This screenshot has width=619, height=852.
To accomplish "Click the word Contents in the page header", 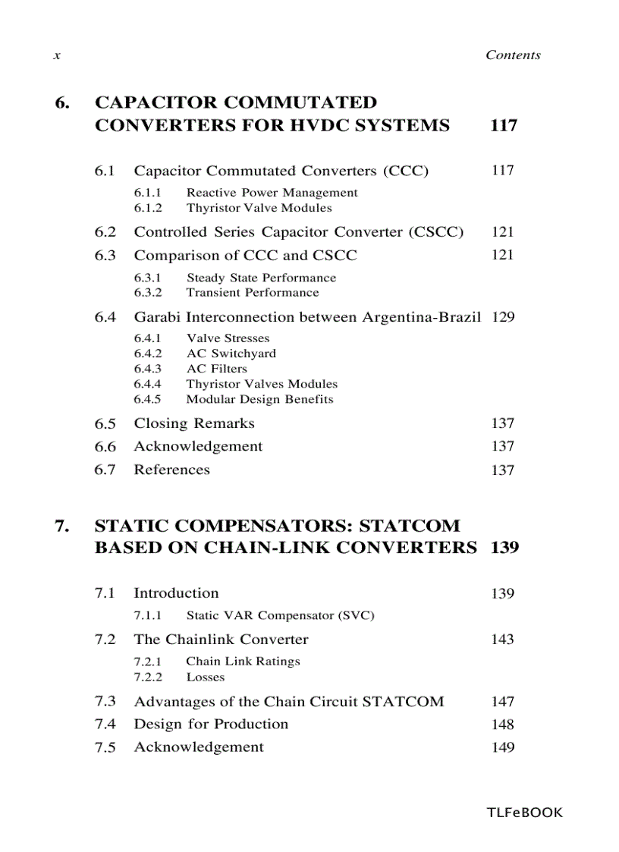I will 513,55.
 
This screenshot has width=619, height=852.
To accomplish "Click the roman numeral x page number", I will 57,56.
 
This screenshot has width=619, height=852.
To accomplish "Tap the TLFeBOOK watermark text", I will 524,813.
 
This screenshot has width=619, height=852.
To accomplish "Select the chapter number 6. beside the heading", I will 64,102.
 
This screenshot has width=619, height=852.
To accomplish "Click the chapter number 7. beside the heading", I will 64,526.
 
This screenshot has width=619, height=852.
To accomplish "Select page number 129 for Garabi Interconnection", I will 502,317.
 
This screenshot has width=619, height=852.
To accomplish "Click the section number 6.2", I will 105,232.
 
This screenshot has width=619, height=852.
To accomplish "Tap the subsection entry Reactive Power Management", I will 272,193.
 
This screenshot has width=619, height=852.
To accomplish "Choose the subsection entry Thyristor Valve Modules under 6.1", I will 259,208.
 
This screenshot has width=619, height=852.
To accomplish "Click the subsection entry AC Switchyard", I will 231,354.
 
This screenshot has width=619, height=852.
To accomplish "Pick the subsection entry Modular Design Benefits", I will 259,399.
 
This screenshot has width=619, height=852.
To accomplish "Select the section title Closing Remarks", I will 194,423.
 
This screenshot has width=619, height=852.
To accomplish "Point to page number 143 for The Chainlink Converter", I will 502,640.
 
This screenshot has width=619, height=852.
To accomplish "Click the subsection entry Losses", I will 205,677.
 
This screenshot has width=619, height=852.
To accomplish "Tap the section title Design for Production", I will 211,724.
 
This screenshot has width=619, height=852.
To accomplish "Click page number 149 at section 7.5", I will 502,747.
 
